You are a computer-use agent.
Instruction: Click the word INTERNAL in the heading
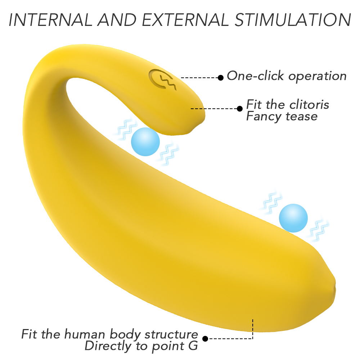[x=51, y=20]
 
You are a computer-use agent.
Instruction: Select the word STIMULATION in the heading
[x=293, y=20]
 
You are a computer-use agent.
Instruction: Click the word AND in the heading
[x=117, y=20]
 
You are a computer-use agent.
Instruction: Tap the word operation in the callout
[x=318, y=76]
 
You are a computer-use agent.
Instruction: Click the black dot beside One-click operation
[x=221, y=78]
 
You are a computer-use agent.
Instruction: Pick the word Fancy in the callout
[x=264, y=117]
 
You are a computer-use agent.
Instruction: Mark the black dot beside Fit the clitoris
[x=240, y=109]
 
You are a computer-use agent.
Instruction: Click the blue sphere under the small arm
[x=145, y=142]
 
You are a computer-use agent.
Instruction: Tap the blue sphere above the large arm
[x=293, y=218]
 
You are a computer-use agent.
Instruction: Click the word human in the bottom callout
[x=85, y=334]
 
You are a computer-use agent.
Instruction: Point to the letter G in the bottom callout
[x=193, y=346]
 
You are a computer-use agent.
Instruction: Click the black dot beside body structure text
[x=206, y=339]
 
